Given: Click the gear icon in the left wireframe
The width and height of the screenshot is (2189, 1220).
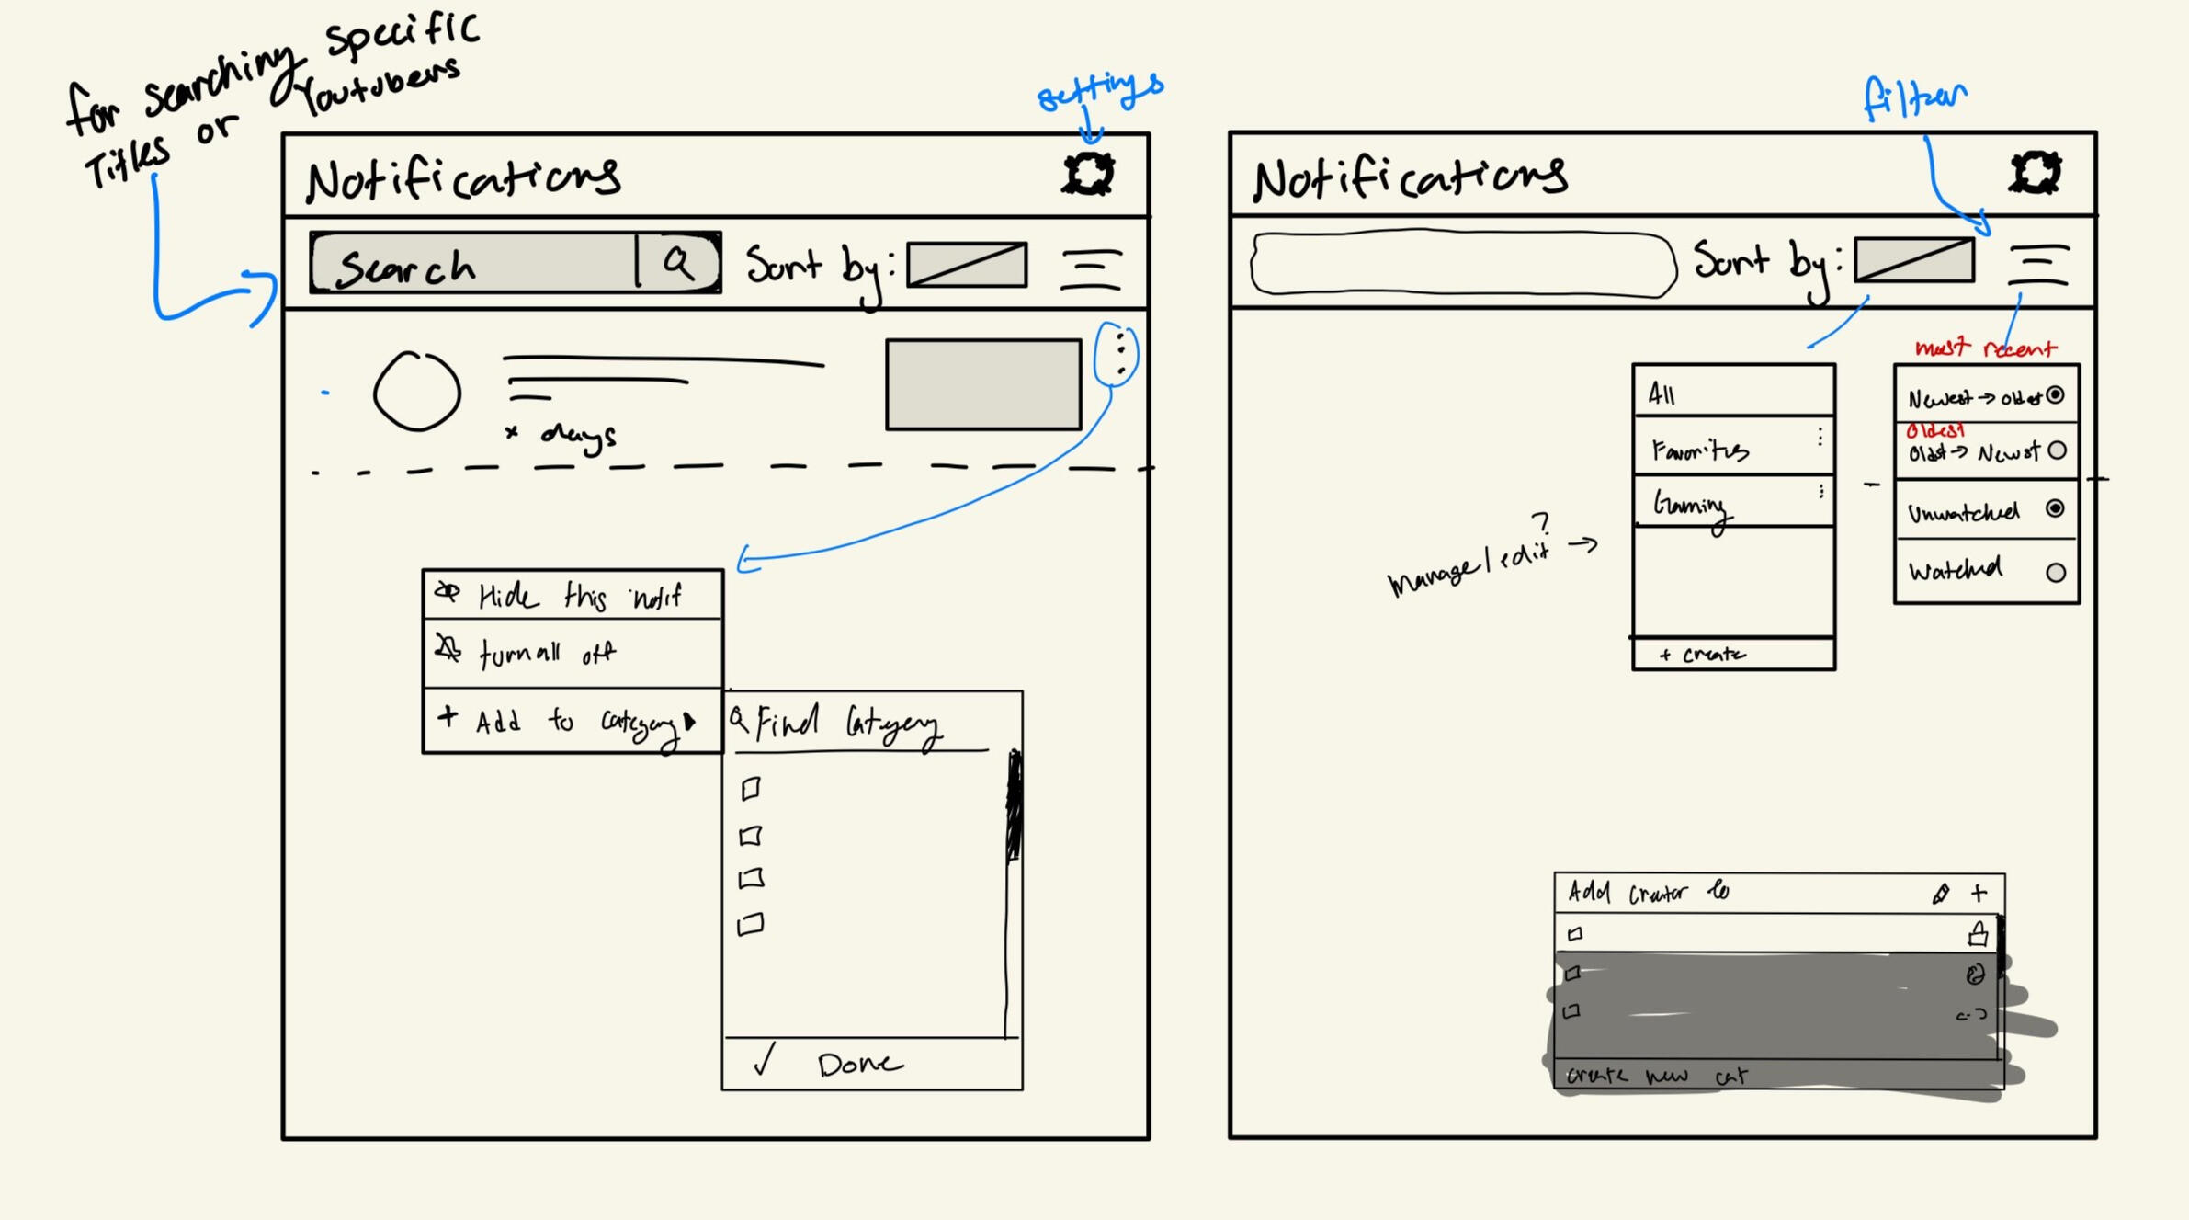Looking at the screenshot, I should tap(1088, 173).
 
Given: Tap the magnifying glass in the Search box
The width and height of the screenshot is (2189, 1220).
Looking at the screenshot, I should tap(678, 263).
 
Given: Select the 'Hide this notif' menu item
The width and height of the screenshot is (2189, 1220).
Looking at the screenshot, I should tap(572, 596).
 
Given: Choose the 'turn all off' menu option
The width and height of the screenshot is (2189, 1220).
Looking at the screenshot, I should tap(572, 654).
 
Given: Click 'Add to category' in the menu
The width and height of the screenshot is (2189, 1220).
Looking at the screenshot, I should tap(572, 722).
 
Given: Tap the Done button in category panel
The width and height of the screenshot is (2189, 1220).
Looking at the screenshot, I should tap(859, 1064).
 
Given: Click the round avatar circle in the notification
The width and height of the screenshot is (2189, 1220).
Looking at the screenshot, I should tap(416, 392).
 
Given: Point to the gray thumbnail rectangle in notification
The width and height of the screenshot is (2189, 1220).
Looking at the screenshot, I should tap(982, 384).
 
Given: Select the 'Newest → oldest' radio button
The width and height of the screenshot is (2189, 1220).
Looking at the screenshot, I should tap(2055, 395).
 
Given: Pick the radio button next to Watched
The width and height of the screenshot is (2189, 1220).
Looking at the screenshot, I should tap(2056, 572).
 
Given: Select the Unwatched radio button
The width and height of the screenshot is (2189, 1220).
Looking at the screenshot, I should tap(2055, 508).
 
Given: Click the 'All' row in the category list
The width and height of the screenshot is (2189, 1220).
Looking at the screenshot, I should tap(1732, 393).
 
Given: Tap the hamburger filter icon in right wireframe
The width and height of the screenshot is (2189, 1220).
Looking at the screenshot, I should tap(2037, 265).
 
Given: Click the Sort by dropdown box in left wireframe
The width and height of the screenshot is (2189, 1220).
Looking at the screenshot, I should tap(966, 265).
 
